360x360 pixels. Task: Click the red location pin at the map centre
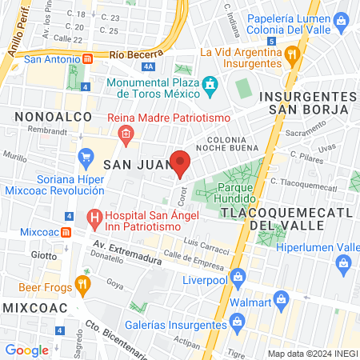(180, 163)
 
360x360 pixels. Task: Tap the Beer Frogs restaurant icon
(82, 284)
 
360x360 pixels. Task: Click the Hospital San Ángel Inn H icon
(94, 217)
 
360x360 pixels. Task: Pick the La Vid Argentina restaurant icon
(291, 54)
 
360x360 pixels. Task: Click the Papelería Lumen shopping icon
(342, 17)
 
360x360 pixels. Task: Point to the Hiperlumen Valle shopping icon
(346, 262)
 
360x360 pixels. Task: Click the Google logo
(27, 350)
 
